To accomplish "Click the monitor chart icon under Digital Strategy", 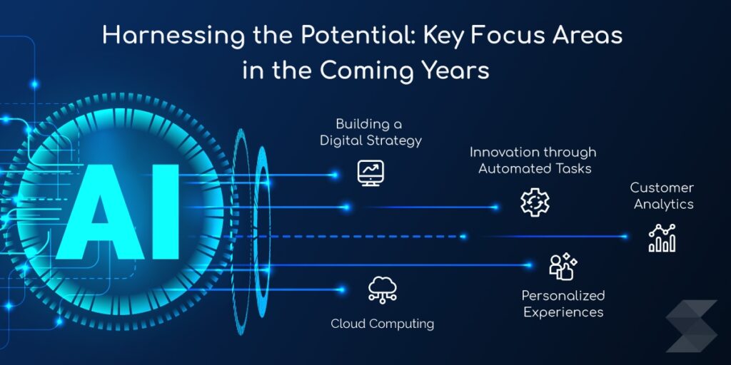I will coord(370,173).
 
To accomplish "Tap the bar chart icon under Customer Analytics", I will coord(662,238).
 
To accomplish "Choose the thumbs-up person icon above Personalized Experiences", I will coord(562,267).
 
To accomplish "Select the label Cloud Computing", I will coord(382,324).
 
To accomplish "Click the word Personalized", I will coord(563,295).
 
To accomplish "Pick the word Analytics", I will coord(662,204).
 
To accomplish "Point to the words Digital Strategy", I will coord(370,140).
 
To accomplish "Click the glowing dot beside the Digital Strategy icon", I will coord(335,174).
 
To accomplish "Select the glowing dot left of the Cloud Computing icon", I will coord(341,289).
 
